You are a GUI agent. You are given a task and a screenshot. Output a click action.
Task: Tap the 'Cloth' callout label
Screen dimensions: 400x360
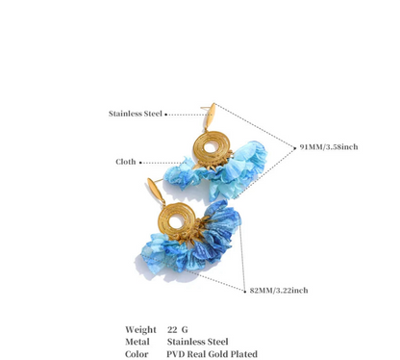pos(125,162)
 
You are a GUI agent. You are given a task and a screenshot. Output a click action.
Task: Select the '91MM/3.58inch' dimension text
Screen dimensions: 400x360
pos(328,146)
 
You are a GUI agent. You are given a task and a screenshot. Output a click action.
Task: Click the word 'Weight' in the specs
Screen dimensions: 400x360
pos(139,329)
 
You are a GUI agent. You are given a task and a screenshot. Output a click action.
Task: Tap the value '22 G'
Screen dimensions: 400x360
pos(178,329)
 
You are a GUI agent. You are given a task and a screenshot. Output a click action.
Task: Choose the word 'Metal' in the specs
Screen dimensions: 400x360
pos(137,340)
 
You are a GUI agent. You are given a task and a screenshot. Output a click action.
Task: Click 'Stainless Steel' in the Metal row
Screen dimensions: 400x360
pos(198,340)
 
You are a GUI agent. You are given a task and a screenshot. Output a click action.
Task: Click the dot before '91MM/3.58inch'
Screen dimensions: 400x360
pos(295,146)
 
